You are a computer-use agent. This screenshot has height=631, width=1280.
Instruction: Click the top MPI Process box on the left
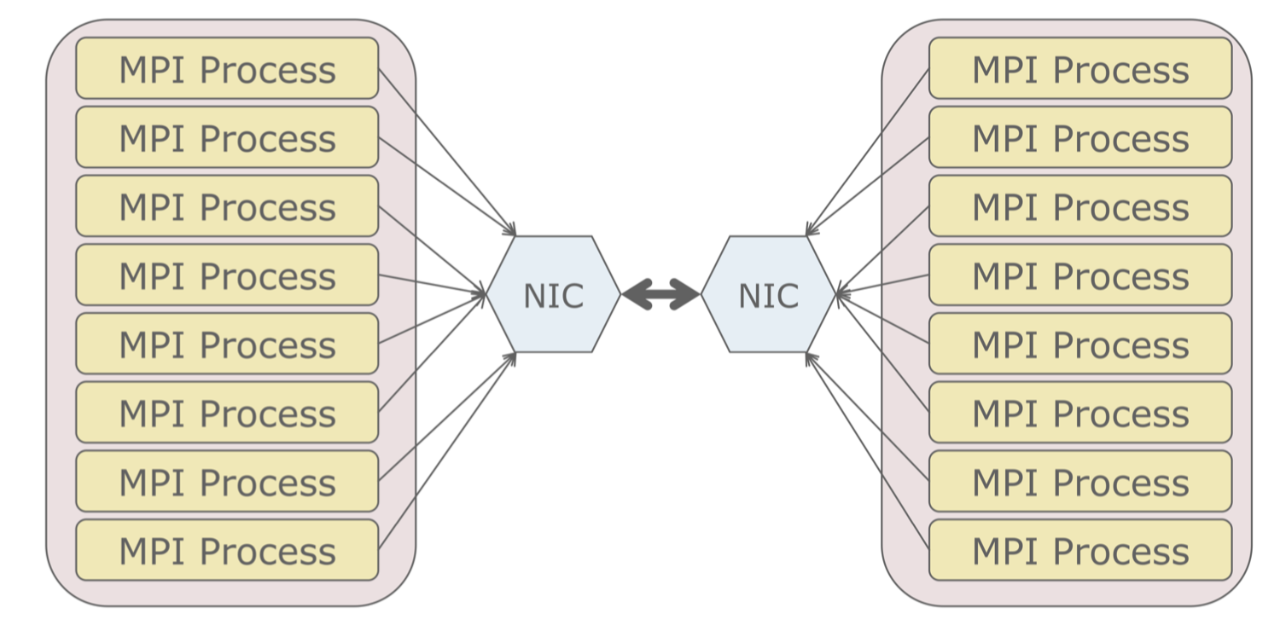[x=227, y=68]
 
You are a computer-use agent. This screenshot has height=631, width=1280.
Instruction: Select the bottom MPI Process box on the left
[x=227, y=550]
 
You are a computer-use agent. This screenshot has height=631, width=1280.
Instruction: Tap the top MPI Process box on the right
[x=1080, y=68]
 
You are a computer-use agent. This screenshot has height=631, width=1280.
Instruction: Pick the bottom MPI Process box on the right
[x=1080, y=550]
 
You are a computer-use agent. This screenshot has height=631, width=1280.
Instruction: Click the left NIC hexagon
[x=553, y=294]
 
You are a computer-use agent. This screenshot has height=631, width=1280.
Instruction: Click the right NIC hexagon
[x=768, y=294]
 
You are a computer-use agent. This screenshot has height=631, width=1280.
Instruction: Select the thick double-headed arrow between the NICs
[x=661, y=294]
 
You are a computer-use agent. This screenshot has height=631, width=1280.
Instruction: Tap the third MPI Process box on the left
[x=227, y=206]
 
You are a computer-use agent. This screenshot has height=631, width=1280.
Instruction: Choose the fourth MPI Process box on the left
[x=227, y=275]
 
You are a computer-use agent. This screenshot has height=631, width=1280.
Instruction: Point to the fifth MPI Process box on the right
[x=1080, y=344]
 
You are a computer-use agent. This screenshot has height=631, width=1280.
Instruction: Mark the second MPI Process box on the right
[x=1080, y=137]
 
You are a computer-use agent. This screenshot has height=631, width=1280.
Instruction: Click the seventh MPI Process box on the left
[x=227, y=481]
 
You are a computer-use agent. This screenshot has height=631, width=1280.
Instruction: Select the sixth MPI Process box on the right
[x=1080, y=413]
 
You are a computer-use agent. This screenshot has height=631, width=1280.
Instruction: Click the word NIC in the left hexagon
[x=553, y=296]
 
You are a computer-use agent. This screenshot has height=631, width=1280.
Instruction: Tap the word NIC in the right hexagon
[x=768, y=296]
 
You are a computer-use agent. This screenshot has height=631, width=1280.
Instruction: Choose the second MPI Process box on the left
[x=227, y=137]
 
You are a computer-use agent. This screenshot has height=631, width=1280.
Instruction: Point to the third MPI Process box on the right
[x=1080, y=206]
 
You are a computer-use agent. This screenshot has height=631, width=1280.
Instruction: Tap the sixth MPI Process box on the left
[x=227, y=413]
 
